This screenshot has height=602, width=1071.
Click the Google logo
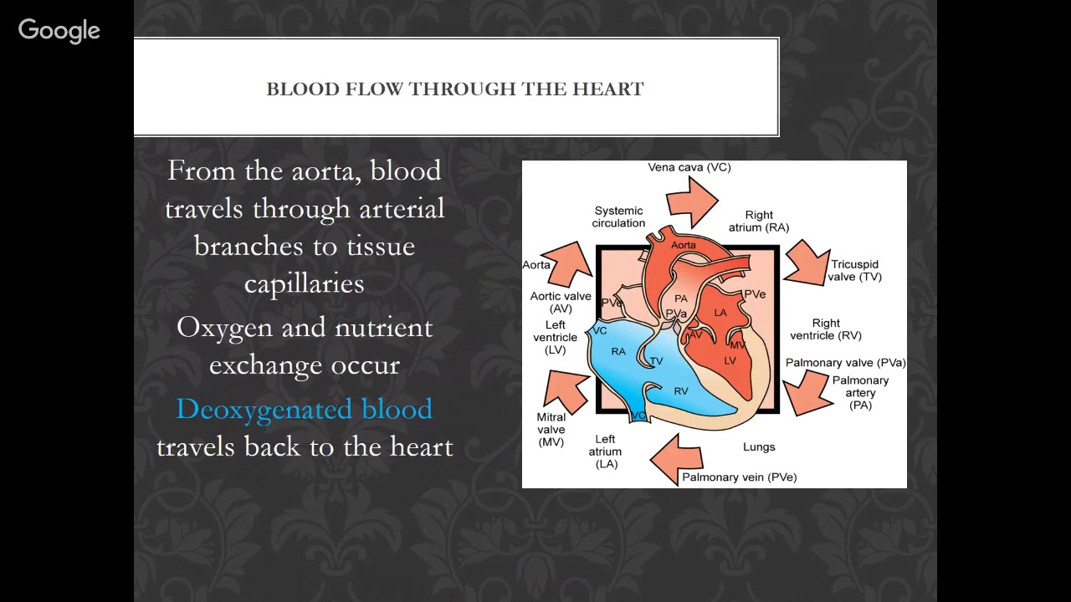tap(59, 31)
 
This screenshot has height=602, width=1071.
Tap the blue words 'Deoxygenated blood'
tap(304, 409)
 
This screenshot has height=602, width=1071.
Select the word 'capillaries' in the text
tap(304, 283)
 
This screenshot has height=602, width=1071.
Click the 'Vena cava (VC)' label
tap(689, 167)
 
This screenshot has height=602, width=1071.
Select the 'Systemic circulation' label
tap(619, 217)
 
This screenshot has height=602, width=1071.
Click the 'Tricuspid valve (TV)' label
tap(854, 271)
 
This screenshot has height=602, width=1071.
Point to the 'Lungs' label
tap(759, 447)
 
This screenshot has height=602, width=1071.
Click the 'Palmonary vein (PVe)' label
tap(739, 477)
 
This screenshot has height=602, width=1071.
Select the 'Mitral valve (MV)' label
tap(551, 429)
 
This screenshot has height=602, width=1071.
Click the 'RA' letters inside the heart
tap(618, 351)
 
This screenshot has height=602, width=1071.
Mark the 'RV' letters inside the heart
tap(681, 390)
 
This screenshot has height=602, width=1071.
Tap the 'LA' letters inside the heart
tap(720, 313)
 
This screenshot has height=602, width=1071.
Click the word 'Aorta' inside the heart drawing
tap(683, 245)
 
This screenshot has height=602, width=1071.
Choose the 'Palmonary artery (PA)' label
tap(860, 392)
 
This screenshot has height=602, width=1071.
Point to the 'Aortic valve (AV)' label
tap(561, 302)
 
